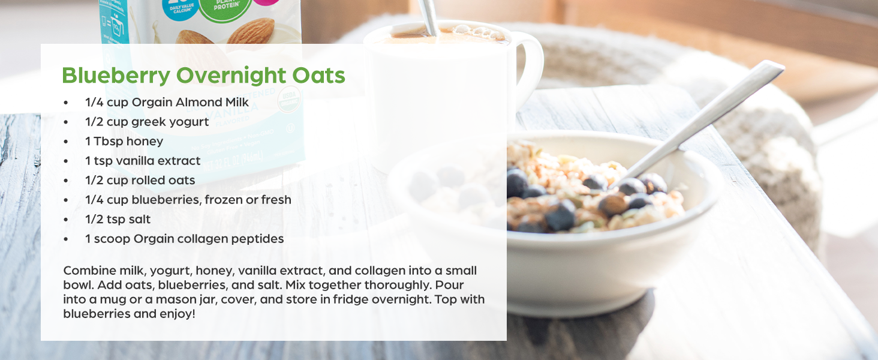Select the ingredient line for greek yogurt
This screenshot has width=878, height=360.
pos(147,122)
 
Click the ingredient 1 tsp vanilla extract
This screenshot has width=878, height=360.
pos(143,161)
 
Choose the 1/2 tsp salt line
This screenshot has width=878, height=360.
pos(118,219)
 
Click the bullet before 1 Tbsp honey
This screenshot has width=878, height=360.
pos(66,142)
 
